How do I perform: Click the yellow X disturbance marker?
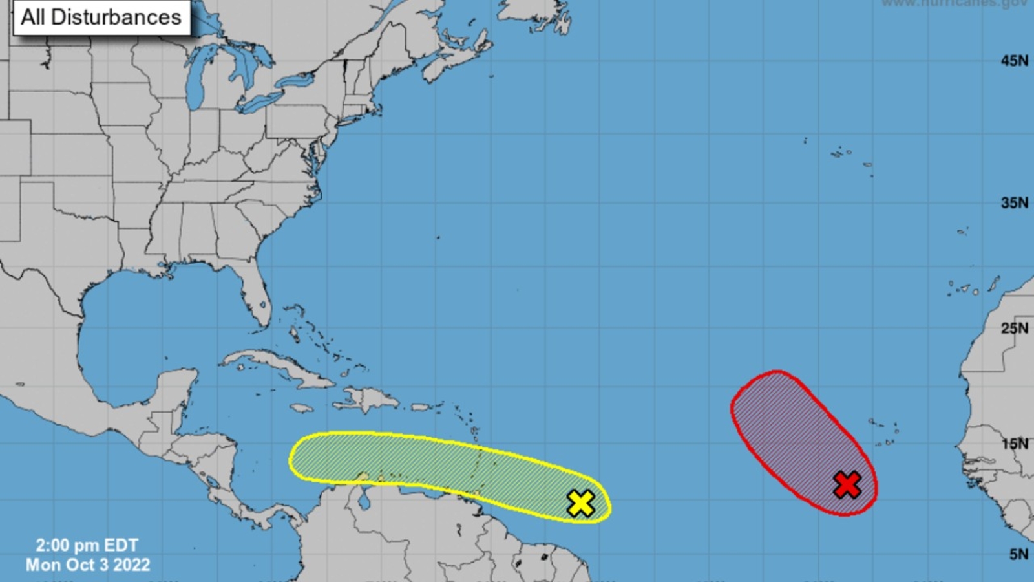click(x=580, y=503)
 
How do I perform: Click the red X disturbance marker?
click(x=847, y=484)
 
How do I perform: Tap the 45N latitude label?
click(x=1014, y=61)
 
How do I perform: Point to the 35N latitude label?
click(x=1014, y=203)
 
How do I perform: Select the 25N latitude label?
click(x=1014, y=329)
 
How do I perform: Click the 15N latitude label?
click(x=1014, y=444)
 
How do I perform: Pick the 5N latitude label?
click(x=1018, y=554)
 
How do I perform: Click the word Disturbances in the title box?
click(x=116, y=17)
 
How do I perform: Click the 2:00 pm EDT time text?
click(x=87, y=545)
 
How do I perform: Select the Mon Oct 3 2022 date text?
click(x=88, y=565)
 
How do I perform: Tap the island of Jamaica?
click(x=302, y=408)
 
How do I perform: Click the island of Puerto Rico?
click(x=421, y=407)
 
